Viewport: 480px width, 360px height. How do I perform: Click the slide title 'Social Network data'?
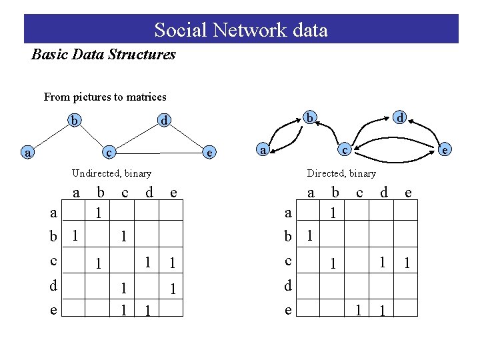coord(241,30)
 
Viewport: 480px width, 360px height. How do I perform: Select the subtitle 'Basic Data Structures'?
coord(103,55)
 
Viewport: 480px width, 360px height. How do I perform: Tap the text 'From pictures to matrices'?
coord(105,97)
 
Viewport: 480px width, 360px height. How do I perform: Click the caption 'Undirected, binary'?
coord(111,173)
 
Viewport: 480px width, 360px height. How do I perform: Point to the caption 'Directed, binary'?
coord(341,173)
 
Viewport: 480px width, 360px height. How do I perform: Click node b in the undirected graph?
coord(76,121)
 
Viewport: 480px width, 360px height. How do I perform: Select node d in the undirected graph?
coord(163,121)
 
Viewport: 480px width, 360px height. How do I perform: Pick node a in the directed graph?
coord(263,150)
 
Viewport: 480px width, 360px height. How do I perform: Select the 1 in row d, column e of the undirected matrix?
coord(173,289)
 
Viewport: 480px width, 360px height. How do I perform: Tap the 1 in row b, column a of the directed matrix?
coord(309,236)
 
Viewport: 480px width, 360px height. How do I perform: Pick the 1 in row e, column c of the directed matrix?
coord(358,310)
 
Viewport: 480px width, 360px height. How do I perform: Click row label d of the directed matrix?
coord(288,286)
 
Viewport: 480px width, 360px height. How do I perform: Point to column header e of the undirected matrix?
coord(173,193)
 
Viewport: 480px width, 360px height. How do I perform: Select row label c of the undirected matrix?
coord(53,261)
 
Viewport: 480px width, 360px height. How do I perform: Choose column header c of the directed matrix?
coord(359,193)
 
